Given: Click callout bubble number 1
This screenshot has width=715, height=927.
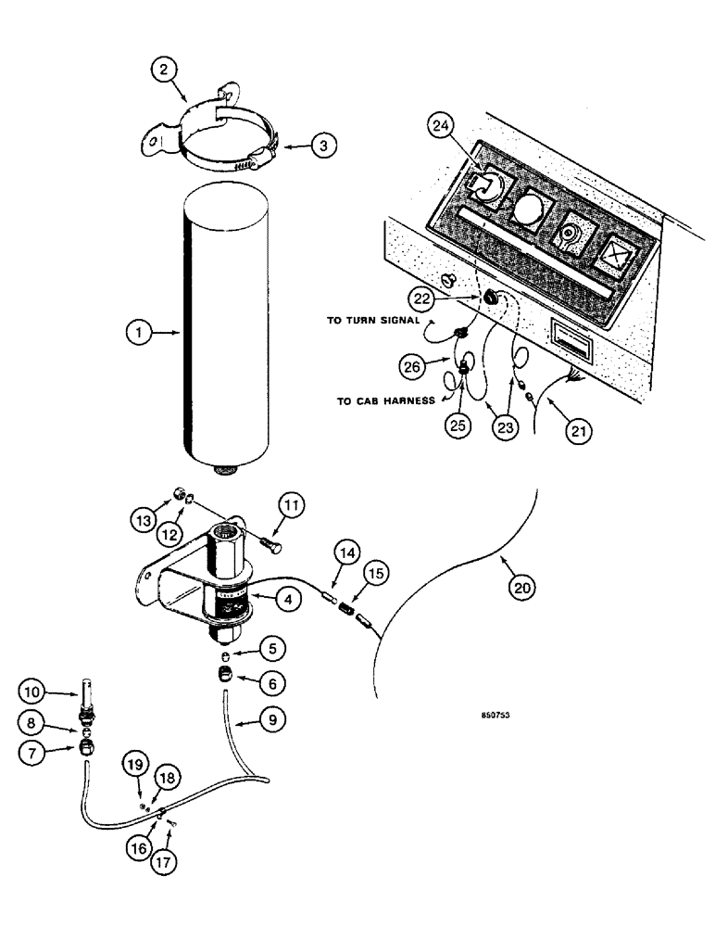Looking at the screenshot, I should [138, 331].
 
